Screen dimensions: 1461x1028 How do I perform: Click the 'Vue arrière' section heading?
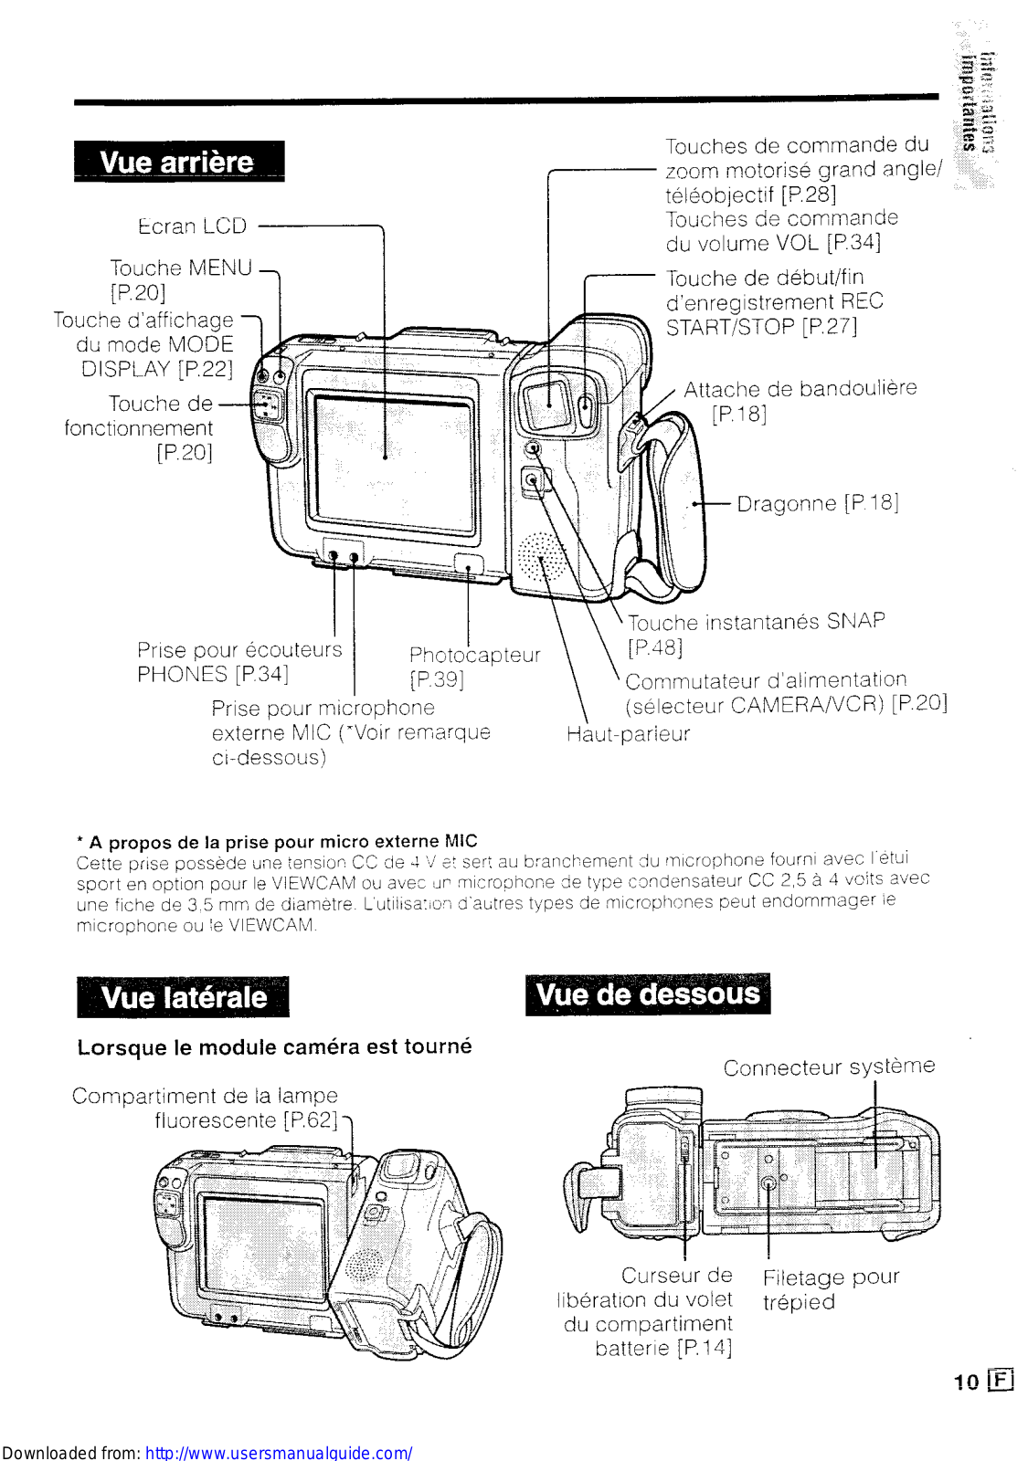pyautogui.click(x=178, y=162)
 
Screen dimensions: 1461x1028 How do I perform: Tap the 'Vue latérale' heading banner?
pyautogui.click(x=183, y=996)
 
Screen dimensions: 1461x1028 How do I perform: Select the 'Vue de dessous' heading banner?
pyautogui.click(x=648, y=993)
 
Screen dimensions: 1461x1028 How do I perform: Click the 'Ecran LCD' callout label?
pyautogui.click(x=193, y=226)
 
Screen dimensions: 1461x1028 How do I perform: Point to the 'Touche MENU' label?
pyautogui.click(x=181, y=268)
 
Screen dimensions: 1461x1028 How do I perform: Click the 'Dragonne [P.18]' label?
pyautogui.click(x=818, y=503)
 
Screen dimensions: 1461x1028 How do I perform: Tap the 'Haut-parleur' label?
pyautogui.click(x=628, y=734)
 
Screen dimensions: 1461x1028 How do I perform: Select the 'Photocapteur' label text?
pyautogui.click(x=474, y=655)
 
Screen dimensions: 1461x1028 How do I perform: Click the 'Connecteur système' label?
pyautogui.click(x=829, y=1067)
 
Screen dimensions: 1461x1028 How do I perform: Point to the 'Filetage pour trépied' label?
pyautogui.click(x=831, y=1288)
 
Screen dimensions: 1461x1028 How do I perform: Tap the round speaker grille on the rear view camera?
pyautogui.click(x=542, y=559)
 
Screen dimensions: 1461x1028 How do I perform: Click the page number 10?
pyautogui.click(x=966, y=1382)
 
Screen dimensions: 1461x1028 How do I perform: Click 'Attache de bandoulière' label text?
pyautogui.click(x=800, y=389)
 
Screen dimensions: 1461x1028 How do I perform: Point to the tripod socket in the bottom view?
pyautogui.click(x=768, y=1182)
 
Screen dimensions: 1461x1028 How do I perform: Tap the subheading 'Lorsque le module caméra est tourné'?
pyautogui.click(x=274, y=1046)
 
